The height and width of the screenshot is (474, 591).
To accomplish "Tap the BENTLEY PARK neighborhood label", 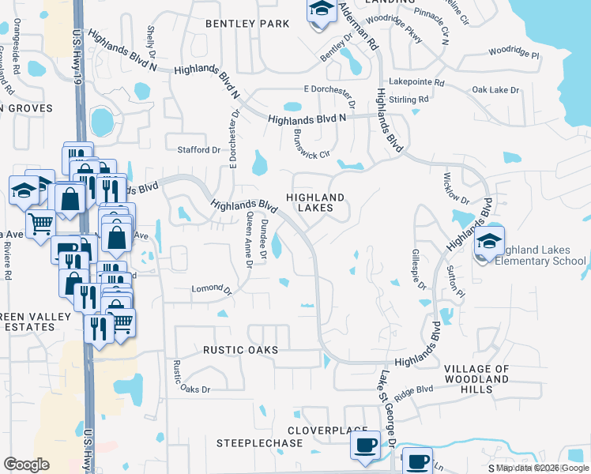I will coord(247,24).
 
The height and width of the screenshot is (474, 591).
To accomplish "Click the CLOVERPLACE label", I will coord(318,431).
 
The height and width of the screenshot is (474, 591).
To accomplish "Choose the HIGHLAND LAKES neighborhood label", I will coord(315,202).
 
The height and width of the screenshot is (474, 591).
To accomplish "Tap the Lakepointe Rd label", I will coord(416,82).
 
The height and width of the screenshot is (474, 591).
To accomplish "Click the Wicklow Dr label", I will coord(456,188).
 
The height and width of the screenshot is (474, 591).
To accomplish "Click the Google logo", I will coord(26,465).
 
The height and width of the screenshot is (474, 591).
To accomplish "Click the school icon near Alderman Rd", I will coord(320,11).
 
